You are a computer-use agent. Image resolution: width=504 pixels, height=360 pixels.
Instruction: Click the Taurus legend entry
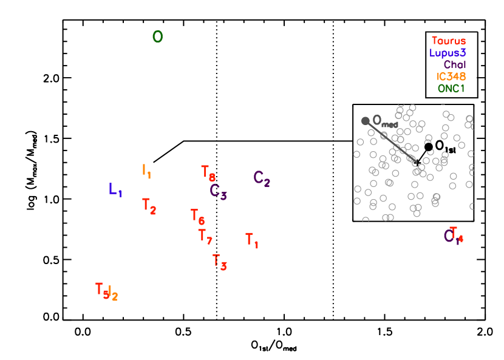(x=449, y=41)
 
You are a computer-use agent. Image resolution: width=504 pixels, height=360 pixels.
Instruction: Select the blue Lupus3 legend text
(x=448, y=53)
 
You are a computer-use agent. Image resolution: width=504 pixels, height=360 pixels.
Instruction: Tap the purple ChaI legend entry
(x=455, y=65)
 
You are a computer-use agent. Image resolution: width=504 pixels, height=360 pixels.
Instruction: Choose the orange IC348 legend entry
(x=451, y=76)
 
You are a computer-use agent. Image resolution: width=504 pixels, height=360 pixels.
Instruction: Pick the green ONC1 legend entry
(x=451, y=89)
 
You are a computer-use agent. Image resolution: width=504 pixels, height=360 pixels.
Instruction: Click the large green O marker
(x=157, y=37)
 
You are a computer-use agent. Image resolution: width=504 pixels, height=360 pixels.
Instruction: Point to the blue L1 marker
(x=115, y=189)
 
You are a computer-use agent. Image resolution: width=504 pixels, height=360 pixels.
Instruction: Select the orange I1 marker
(x=146, y=171)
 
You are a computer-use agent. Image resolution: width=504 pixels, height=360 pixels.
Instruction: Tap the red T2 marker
(x=149, y=206)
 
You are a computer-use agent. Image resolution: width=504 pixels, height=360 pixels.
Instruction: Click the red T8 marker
(x=208, y=173)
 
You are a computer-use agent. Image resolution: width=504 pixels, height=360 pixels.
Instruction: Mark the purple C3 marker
(x=218, y=191)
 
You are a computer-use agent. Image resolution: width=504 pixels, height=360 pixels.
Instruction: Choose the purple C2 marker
(x=262, y=178)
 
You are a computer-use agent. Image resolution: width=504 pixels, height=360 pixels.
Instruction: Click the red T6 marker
(x=197, y=216)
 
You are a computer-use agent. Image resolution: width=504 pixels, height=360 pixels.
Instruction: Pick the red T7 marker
(x=205, y=236)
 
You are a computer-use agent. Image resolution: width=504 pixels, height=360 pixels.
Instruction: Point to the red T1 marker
(x=252, y=240)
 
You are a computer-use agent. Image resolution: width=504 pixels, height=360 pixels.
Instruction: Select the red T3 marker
(x=219, y=262)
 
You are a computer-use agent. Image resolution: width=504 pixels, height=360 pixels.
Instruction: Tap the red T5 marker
(x=101, y=290)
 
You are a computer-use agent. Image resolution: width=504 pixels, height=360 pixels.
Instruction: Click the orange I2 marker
(x=113, y=293)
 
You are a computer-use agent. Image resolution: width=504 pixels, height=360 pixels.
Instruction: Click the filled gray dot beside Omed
(x=365, y=121)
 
